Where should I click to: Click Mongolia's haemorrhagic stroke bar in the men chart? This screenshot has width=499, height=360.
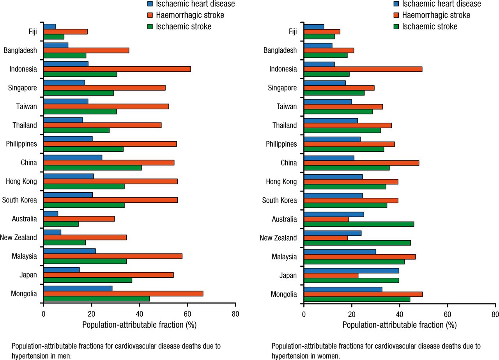point(123,294)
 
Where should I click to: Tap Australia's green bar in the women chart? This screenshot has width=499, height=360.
point(359,224)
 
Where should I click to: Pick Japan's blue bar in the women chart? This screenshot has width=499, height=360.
point(351,270)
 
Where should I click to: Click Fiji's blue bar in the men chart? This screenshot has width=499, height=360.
point(50,27)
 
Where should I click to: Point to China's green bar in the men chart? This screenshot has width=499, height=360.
point(92,168)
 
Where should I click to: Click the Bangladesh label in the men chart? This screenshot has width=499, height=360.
point(20,50)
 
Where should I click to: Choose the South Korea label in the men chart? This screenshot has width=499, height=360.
point(19,200)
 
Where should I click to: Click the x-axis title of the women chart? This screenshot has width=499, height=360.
point(399,325)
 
